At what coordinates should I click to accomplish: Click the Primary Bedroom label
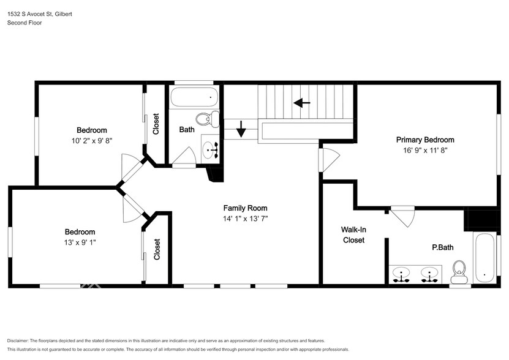point(425,140)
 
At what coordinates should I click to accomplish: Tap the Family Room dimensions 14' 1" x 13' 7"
point(245,219)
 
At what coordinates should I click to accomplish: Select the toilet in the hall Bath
point(208,119)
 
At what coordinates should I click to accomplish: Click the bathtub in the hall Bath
point(194,97)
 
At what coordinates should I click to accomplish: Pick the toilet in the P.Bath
point(459,271)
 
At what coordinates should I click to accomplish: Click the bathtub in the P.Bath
point(484,257)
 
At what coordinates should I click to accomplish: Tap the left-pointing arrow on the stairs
point(302,103)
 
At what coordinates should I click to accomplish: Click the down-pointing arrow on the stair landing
point(241,129)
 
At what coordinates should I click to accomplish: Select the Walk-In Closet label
point(353,234)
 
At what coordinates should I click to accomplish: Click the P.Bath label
point(442,247)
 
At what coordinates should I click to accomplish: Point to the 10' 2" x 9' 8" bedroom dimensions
point(92,141)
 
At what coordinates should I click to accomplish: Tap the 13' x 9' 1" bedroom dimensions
point(80,242)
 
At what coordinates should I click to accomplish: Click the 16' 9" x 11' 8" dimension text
point(425,150)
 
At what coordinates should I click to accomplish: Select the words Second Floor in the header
point(25,23)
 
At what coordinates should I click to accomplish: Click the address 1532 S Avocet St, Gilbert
point(40,14)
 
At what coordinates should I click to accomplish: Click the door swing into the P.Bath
point(404,217)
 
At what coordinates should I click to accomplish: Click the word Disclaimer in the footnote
point(18,341)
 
